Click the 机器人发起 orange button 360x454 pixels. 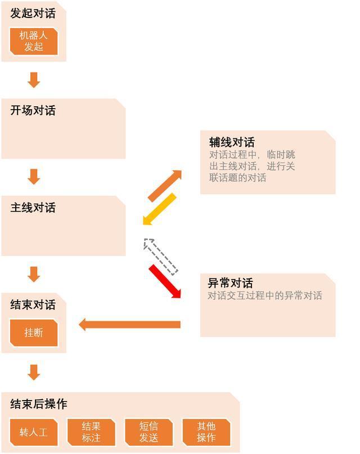point(34,41)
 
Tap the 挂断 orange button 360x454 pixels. point(34,332)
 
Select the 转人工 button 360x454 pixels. point(34,432)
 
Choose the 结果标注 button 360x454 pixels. point(91,432)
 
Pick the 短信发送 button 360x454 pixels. point(148,432)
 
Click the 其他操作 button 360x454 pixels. point(206,432)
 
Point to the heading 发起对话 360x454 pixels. point(33,14)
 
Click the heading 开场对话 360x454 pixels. point(33,110)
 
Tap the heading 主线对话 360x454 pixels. point(33,208)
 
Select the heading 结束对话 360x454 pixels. point(33,304)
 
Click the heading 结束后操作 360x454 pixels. point(38,404)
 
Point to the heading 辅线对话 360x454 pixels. point(232,142)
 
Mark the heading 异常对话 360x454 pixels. point(231,283)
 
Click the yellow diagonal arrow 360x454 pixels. point(159,209)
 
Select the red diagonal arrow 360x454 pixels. point(165,281)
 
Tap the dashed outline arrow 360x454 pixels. point(161,256)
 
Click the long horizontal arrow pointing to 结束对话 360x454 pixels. point(129,325)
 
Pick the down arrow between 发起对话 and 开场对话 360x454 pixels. point(34,80)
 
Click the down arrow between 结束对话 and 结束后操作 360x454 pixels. point(34,372)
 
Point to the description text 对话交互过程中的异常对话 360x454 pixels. point(265,295)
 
